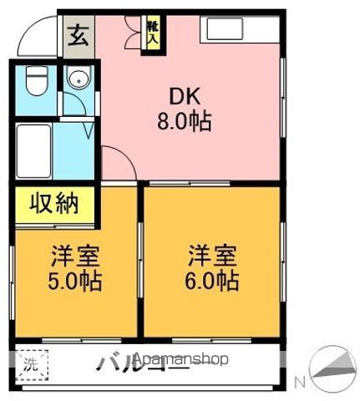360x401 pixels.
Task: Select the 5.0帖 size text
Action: click(x=74, y=281)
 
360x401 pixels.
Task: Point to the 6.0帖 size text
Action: click(x=211, y=281)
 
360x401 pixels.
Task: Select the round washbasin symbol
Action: click(x=78, y=81)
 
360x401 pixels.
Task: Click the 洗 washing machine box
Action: click(x=30, y=363)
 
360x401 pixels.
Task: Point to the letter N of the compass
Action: click(x=300, y=383)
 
